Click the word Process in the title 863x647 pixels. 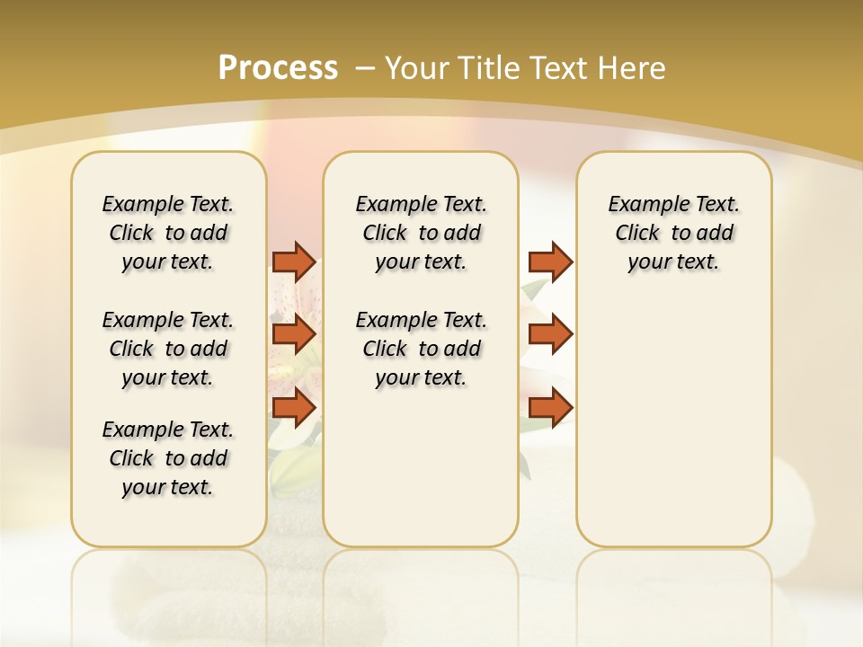(278, 67)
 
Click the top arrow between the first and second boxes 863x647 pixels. (294, 261)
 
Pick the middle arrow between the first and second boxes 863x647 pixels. (294, 334)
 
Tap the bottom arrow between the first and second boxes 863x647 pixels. (294, 408)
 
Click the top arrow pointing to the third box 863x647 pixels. (550, 261)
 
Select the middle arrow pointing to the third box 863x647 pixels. (550, 334)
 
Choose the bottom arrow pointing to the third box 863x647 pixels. (550, 408)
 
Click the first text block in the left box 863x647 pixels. (168, 233)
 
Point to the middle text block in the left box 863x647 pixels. (168, 349)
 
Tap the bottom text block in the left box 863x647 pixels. (168, 458)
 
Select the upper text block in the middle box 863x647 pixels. (421, 233)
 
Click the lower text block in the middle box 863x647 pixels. (421, 349)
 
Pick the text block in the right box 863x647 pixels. (673, 233)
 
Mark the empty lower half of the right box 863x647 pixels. (673, 431)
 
